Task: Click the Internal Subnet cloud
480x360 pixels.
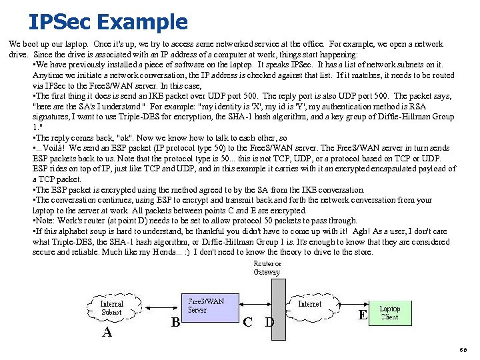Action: click(x=111, y=308)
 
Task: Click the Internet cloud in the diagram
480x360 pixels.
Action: click(x=310, y=305)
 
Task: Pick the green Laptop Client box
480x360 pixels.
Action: click(x=389, y=313)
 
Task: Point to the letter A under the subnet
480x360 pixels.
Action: click(x=107, y=331)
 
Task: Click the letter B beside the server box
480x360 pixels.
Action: click(x=176, y=323)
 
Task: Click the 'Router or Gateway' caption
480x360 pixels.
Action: click(x=267, y=268)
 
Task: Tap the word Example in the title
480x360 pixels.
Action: click(x=142, y=21)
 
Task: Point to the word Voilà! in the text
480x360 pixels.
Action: click(x=55, y=148)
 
